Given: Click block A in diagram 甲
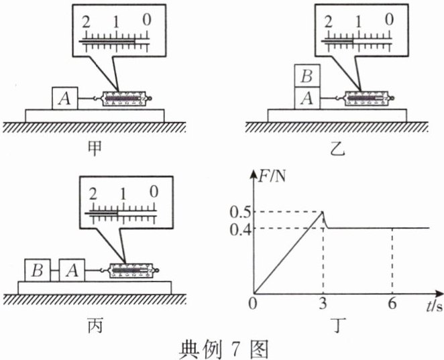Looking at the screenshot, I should (64, 99).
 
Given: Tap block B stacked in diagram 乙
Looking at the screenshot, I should (308, 75).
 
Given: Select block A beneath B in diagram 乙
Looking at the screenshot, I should (308, 99).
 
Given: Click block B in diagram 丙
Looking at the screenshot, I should (38, 271).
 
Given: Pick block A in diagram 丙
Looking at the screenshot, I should (72, 271).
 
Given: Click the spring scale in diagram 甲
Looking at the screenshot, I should (125, 99).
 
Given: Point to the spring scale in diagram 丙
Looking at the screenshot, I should (133, 271).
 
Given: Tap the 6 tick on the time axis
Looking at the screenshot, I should (392, 306).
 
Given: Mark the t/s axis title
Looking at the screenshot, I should (432, 307).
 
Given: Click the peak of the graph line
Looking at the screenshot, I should (325, 213).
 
